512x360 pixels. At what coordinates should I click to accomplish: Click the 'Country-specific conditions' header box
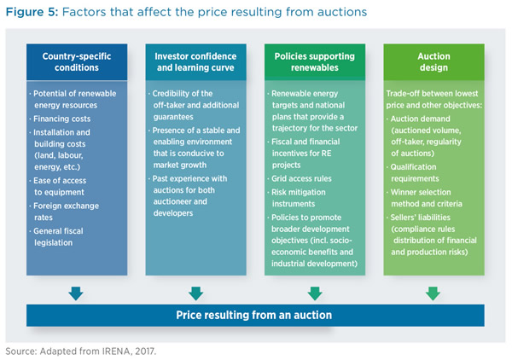(x=77, y=62)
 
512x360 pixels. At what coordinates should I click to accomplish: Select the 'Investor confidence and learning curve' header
(x=195, y=62)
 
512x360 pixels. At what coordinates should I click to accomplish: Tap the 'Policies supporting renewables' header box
(x=315, y=62)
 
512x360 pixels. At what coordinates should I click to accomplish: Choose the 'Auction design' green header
(x=434, y=62)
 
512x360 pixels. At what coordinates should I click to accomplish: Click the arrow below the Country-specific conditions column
(x=76, y=293)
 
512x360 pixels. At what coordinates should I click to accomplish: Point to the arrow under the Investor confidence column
(x=196, y=293)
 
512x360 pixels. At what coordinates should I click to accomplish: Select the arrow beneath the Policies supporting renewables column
(x=315, y=293)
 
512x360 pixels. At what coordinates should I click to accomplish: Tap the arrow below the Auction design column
(x=433, y=293)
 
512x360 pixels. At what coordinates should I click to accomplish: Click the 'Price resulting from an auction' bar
(x=255, y=316)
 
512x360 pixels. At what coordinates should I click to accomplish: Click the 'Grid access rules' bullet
(x=300, y=178)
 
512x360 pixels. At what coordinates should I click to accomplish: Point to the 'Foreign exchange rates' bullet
(x=64, y=212)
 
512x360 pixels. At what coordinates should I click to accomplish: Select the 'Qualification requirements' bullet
(x=411, y=172)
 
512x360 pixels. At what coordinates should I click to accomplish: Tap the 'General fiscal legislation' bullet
(x=56, y=236)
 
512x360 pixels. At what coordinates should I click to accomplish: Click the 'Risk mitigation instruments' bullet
(x=297, y=198)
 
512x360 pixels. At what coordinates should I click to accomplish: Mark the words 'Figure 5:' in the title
(x=32, y=12)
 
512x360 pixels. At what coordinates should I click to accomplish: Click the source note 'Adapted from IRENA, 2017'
(x=97, y=351)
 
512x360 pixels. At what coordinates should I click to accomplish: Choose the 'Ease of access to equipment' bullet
(x=58, y=186)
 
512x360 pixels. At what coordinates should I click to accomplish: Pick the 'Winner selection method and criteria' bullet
(x=424, y=198)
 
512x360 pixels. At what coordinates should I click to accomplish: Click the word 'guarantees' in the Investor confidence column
(x=173, y=117)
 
